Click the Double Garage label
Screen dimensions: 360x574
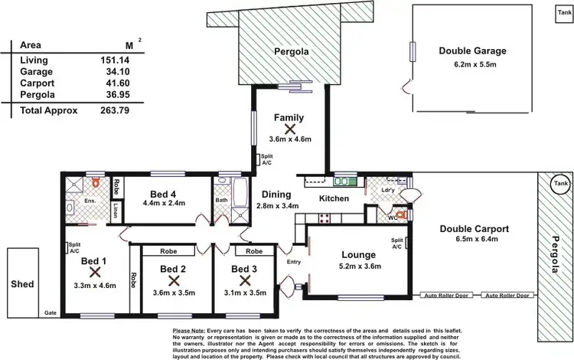[x=472, y=51]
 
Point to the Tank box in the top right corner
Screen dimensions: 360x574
[x=563, y=12]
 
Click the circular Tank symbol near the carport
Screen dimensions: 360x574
[x=562, y=184]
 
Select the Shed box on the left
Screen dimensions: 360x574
[x=22, y=284]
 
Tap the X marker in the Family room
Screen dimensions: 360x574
[x=290, y=129]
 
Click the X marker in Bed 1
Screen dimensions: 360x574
[x=94, y=271]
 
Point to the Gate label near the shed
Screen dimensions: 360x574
[x=51, y=313]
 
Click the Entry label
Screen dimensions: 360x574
[x=294, y=262]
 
